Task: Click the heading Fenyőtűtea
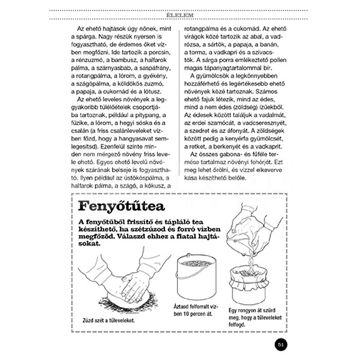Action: [120, 207]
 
